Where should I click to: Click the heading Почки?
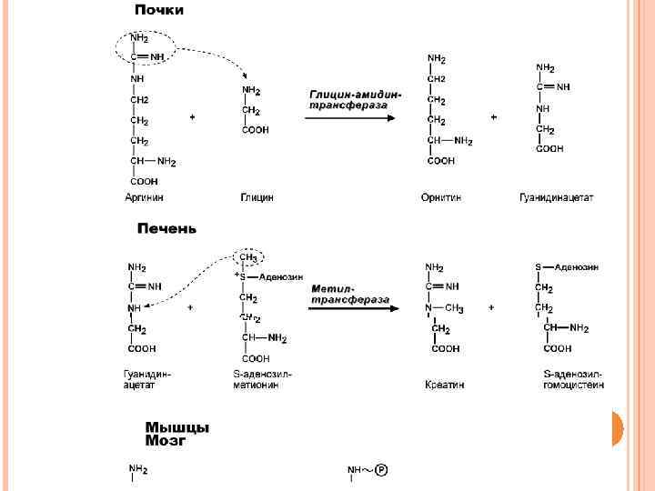[x=159, y=11]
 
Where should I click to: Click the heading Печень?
[x=166, y=228]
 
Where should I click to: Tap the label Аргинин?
[x=145, y=197]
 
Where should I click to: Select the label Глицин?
[x=257, y=197]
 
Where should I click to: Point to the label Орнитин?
[x=441, y=197]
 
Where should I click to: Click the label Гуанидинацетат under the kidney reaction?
[x=556, y=197]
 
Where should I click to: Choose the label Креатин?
[x=444, y=385]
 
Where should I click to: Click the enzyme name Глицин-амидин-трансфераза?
[x=354, y=99]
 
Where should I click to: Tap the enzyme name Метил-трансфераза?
[x=350, y=293]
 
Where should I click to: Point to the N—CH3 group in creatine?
[x=444, y=308]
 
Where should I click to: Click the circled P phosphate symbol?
[x=381, y=470]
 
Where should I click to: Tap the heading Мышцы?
[x=176, y=426]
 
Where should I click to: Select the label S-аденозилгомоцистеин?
[x=572, y=379]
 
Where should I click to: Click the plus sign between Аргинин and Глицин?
[x=191, y=117]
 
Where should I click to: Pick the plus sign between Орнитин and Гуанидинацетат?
[x=494, y=117]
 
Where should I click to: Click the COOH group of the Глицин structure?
[x=255, y=130]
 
